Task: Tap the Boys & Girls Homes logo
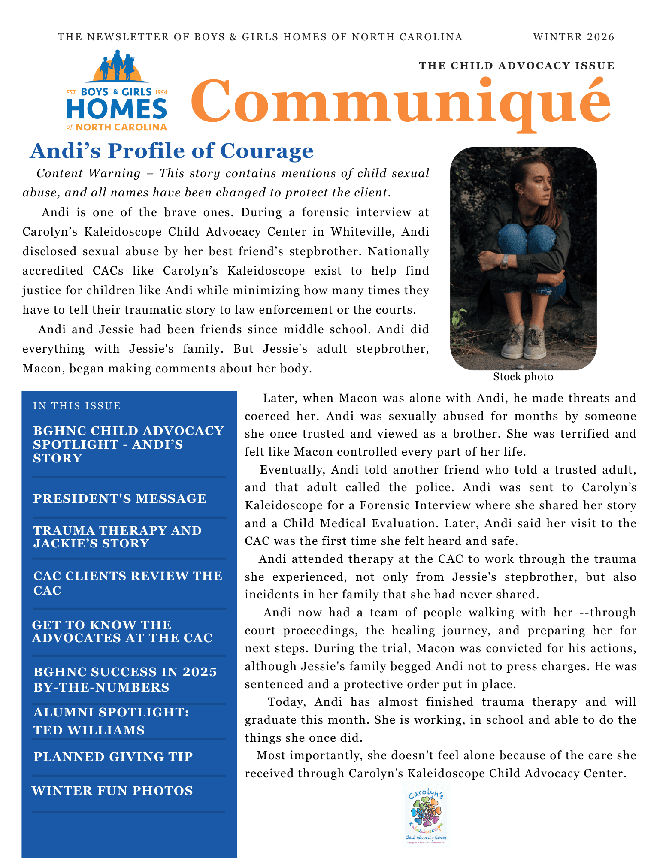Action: [x=117, y=91]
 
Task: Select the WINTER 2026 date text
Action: [x=574, y=37]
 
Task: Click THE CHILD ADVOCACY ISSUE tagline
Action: [x=517, y=66]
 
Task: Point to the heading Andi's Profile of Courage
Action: [x=172, y=151]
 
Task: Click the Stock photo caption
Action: [x=523, y=377]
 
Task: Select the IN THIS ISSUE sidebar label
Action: [x=77, y=406]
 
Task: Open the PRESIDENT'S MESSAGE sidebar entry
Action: [x=120, y=498]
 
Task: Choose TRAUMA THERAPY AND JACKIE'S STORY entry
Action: [x=117, y=537]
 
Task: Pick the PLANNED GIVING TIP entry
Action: [x=113, y=757]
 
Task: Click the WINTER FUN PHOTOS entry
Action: [x=112, y=791]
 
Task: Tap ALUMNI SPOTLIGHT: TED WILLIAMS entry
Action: [x=111, y=721]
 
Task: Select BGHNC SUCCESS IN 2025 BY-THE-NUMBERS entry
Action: [x=125, y=680]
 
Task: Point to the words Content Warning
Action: [x=88, y=173]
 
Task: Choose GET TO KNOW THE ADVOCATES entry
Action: [x=122, y=631]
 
